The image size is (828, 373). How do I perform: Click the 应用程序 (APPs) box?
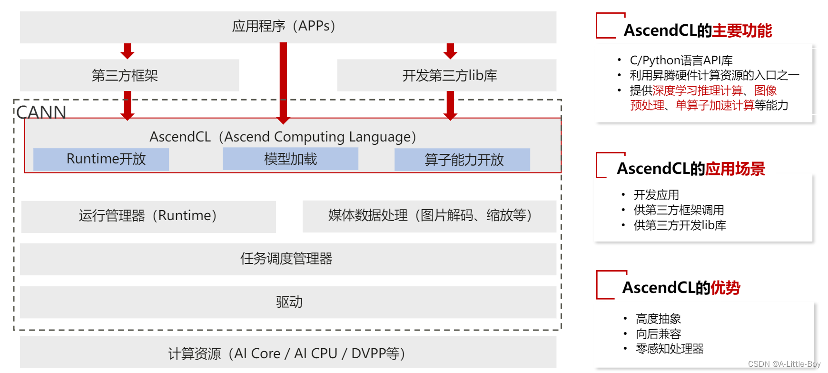pos(287,27)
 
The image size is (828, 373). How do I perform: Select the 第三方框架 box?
pos(129,75)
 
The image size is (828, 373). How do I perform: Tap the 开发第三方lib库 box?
pos(446,75)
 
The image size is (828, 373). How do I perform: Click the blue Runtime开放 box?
pos(101,159)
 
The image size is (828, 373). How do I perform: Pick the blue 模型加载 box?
pos(290,159)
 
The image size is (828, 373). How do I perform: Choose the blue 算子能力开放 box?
pos(462,160)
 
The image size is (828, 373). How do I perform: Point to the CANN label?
pos(41,112)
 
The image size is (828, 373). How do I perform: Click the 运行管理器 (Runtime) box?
pos(148,216)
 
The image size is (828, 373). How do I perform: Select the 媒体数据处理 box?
pos(429,216)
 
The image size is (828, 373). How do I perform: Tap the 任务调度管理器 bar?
pos(287,259)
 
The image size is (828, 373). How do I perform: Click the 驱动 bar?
pos(287,302)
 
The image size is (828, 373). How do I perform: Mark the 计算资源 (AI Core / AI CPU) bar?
pos(287,353)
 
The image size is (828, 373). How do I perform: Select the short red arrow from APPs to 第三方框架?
pos(127,50)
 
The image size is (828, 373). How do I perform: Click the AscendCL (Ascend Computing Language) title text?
pos(283,137)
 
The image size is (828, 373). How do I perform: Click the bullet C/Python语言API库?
pos(680,60)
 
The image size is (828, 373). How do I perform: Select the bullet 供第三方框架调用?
pos(679,210)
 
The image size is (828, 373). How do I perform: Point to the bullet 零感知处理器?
pos(669,349)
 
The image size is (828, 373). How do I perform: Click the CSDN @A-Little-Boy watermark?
pos(784,364)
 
